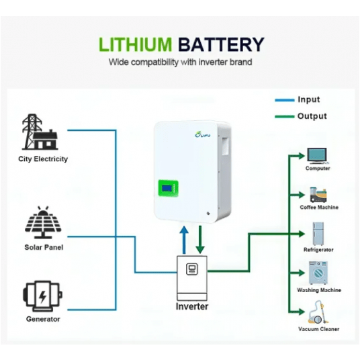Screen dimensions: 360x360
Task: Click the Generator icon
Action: point(42,296)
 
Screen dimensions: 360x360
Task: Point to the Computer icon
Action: point(318,154)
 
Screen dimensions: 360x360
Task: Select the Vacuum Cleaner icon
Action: point(316,314)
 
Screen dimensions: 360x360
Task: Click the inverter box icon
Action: point(193,277)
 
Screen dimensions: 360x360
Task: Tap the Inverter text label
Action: point(192,306)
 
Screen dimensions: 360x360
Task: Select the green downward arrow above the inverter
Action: point(201,239)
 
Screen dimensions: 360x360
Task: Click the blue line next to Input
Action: point(284,100)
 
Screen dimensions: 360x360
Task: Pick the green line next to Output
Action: point(284,116)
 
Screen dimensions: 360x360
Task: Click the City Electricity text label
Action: point(43,159)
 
